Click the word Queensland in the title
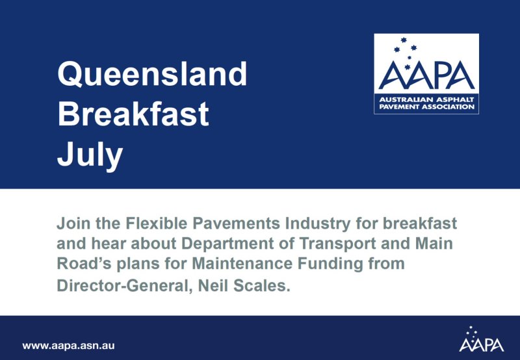152,74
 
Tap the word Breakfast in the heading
133,114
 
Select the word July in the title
90,157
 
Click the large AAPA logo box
426,73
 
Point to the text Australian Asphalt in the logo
427,100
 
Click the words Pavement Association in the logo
427,107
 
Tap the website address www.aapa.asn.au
68,346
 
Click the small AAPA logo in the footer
482,339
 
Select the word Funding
330,265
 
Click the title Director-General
125,285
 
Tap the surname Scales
262,285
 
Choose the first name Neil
213,285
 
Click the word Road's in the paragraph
84,264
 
